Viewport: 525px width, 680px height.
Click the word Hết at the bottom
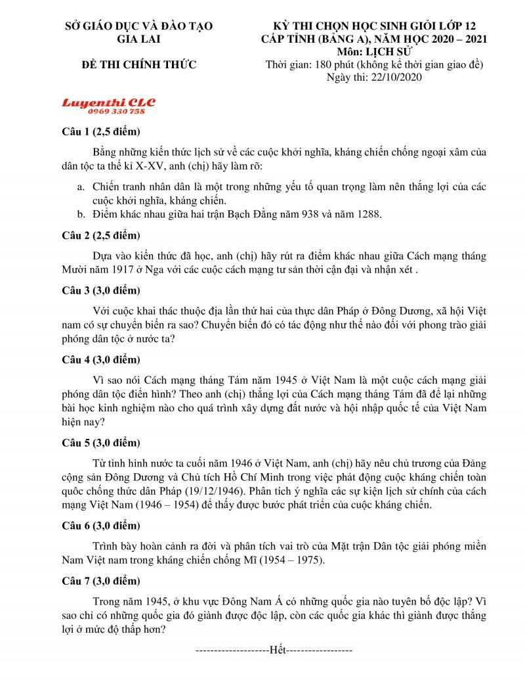(278, 650)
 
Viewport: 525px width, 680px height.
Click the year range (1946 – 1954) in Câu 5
(186, 505)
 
